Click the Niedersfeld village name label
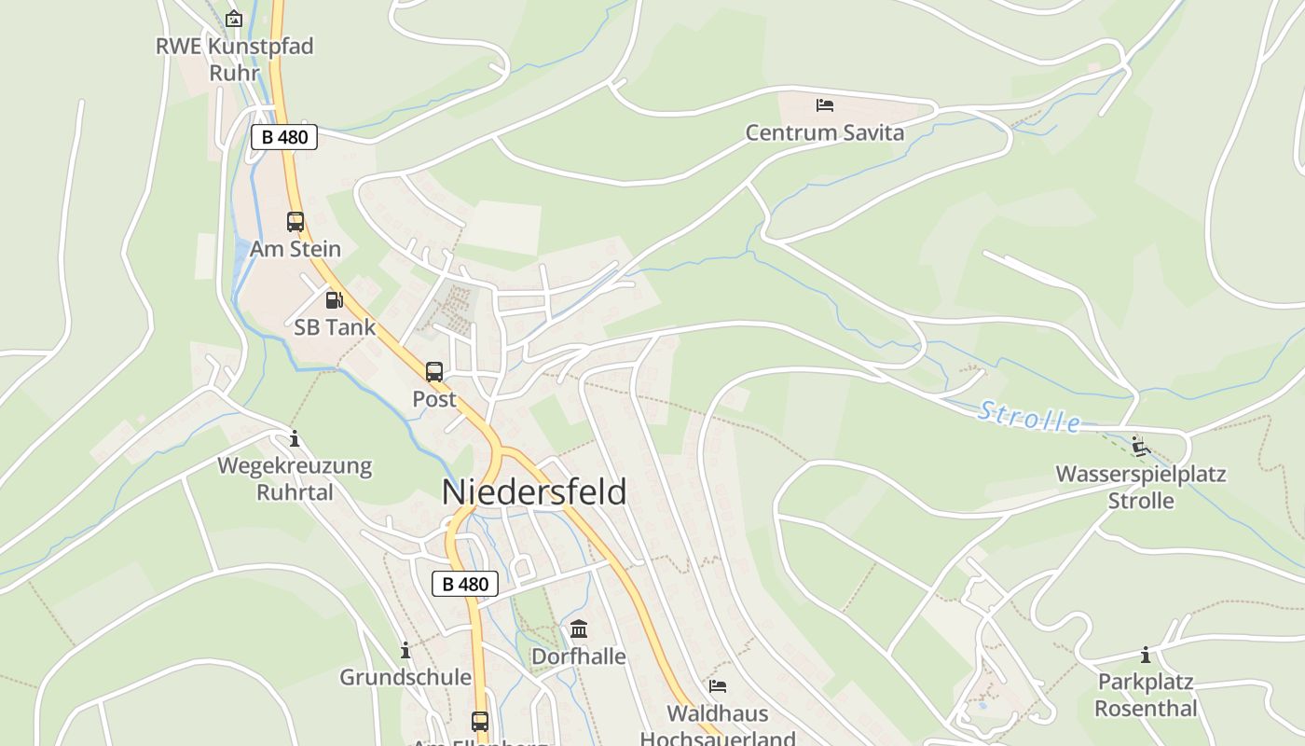tap(534, 492)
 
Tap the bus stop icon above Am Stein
tap(295, 222)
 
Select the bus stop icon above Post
tap(434, 372)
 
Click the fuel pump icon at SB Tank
tap(334, 300)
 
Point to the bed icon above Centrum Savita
tap(825, 105)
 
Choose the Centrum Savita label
tap(825, 132)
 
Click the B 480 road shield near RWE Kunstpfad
tap(284, 137)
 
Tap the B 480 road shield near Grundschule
tap(465, 585)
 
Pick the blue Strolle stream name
tap(1029, 417)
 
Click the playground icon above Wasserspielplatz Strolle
tap(1140, 447)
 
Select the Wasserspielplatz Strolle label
tap(1141, 487)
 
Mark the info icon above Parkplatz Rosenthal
tap(1146, 655)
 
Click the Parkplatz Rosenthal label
tap(1146, 695)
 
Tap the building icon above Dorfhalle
tap(579, 629)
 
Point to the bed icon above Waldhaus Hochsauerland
tap(718, 686)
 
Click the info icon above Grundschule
tap(405, 650)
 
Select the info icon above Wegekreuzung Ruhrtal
tap(295, 438)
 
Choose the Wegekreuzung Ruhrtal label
tap(295, 478)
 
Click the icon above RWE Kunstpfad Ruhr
tap(234, 19)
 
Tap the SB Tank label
tap(335, 327)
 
